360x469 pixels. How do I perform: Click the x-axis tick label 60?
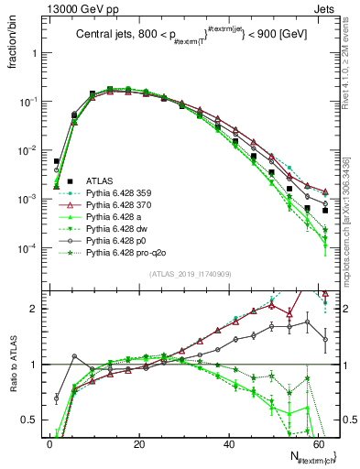317,443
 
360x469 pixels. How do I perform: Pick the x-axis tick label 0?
49,443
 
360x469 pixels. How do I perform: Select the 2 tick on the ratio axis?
33,308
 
